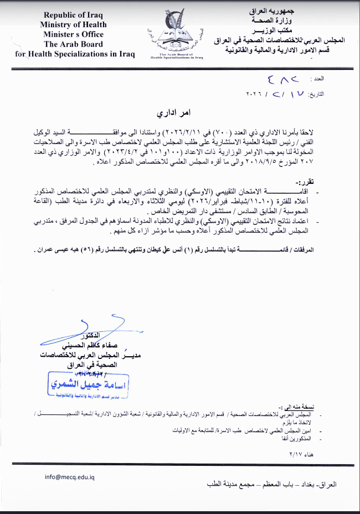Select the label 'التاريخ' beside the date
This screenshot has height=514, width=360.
[330, 94]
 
